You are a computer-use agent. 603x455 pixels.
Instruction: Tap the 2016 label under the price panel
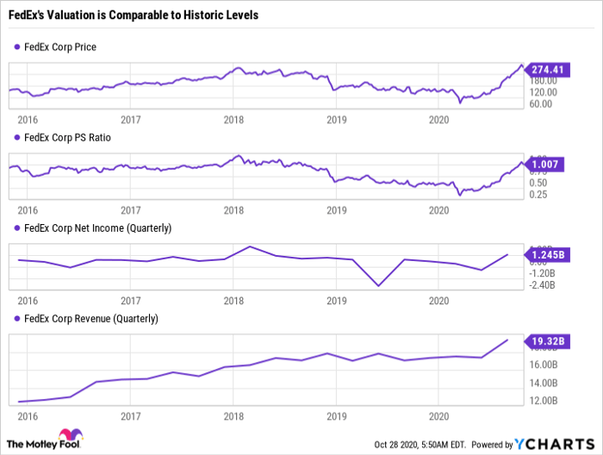(28, 119)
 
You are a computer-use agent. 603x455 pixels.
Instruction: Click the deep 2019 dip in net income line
(378, 285)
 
